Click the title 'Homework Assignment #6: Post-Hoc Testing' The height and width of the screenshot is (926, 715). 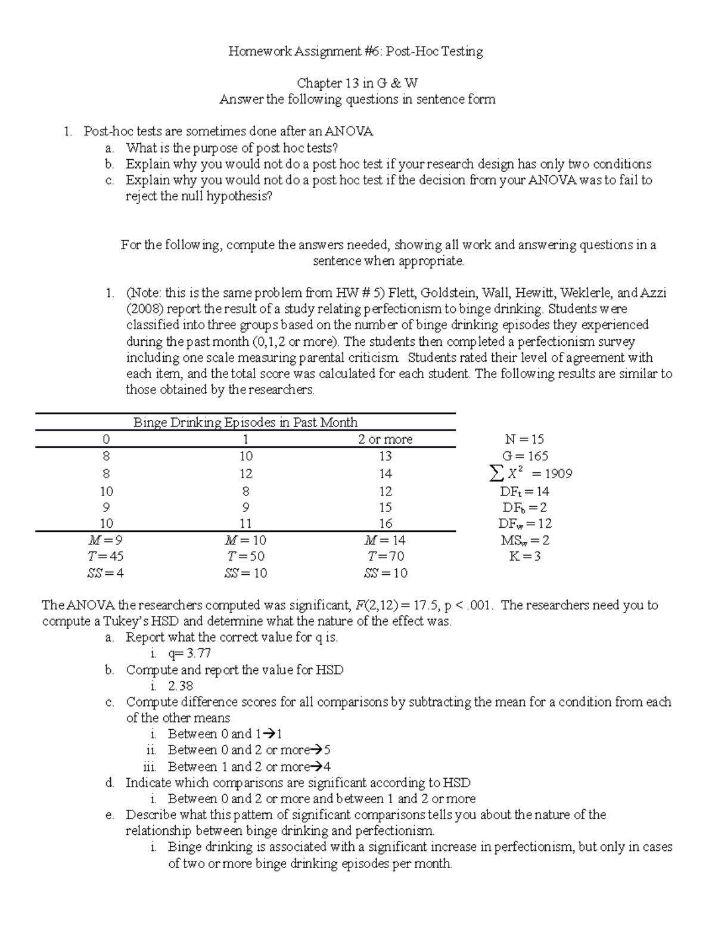click(x=356, y=52)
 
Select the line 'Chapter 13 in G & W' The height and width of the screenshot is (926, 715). click(x=357, y=83)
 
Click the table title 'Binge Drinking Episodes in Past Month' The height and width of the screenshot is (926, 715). click(x=245, y=423)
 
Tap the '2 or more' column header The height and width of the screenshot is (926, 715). click(x=385, y=439)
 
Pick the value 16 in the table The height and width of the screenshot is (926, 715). click(x=385, y=524)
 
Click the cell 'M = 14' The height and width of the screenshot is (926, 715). click(x=385, y=540)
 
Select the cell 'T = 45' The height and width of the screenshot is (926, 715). click(x=105, y=556)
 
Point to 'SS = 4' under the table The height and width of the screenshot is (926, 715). click(x=106, y=573)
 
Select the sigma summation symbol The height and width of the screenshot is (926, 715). click(x=495, y=474)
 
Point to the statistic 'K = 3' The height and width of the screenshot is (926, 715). click(x=524, y=556)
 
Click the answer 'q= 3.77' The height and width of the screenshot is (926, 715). click(x=189, y=654)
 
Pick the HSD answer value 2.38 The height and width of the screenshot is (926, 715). click(x=181, y=686)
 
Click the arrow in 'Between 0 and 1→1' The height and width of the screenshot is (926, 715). click(x=268, y=734)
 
